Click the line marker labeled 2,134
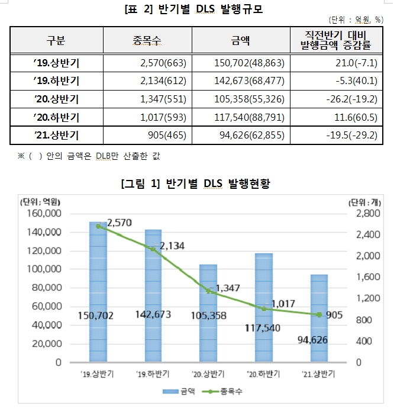pyautogui.click(x=153, y=249)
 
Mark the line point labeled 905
pyautogui.click(x=320, y=314)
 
